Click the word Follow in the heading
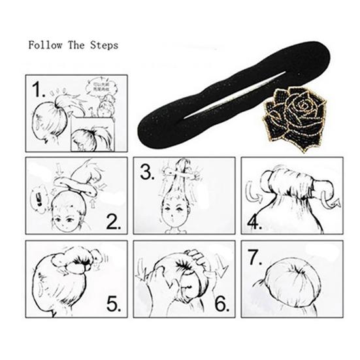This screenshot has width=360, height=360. point(42,47)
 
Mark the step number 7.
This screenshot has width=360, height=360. point(255,257)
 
